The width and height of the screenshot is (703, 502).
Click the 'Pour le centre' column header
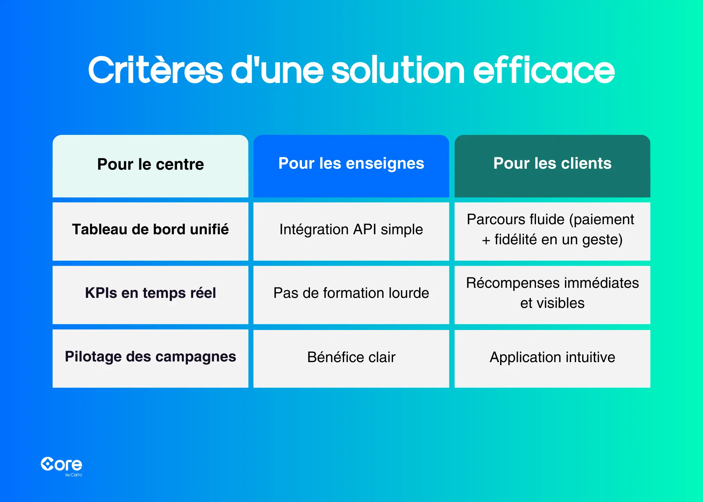pyautogui.click(x=150, y=166)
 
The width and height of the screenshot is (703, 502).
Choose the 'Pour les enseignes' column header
pyautogui.click(x=351, y=166)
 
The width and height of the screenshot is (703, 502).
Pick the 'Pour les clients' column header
pyautogui.click(x=552, y=166)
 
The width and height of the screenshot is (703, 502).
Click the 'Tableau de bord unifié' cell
pyautogui.click(x=150, y=231)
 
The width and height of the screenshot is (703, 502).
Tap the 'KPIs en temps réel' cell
pyautogui.click(x=150, y=295)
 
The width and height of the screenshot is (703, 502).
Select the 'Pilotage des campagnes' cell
pyautogui.click(x=150, y=358)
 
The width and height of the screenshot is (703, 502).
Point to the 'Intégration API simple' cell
pyautogui.click(x=351, y=231)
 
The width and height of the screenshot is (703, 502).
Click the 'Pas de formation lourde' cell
pyautogui.click(x=351, y=295)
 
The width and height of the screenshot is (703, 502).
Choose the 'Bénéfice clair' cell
pyautogui.click(x=351, y=358)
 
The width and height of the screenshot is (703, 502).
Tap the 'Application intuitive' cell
pyautogui.click(x=552, y=358)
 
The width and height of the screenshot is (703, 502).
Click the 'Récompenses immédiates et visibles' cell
pyautogui.click(x=552, y=295)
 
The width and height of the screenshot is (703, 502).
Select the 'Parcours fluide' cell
pyautogui.click(x=552, y=231)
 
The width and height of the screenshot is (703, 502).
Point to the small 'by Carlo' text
pyautogui.click(x=74, y=475)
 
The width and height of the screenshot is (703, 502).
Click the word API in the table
pyautogui.click(x=365, y=230)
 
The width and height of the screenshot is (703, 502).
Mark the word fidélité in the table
pyautogui.click(x=516, y=240)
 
